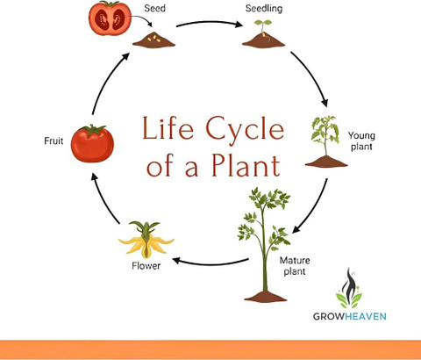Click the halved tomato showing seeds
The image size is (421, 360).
(110, 18)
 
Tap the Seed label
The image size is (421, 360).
(154, 8)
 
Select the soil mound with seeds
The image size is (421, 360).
(153, 40)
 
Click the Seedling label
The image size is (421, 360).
(264, 9)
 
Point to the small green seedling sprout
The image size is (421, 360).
(262, 27)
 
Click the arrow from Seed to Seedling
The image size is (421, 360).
(210, 23)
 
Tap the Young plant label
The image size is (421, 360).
(361, 140)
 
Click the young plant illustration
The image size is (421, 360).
(326, 141)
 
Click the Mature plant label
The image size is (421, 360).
(295, 266)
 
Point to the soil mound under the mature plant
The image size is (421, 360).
(265, 296)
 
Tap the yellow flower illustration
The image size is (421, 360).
(146, 240)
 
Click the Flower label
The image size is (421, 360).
(146, 266)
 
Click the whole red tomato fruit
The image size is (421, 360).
(92, 143)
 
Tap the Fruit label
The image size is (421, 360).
(54, 140)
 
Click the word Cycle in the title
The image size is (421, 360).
(245, 129)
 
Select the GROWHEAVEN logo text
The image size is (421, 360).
(350, 316)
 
